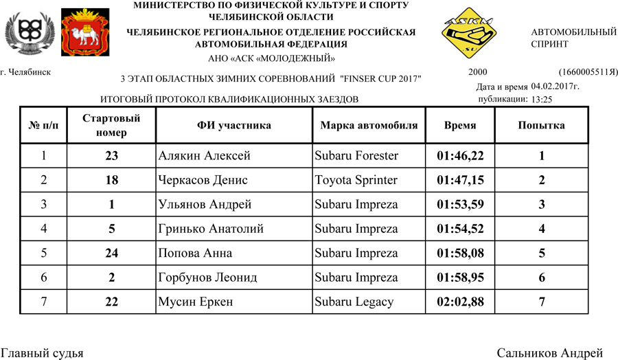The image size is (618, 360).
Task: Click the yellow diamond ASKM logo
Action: (470, 37)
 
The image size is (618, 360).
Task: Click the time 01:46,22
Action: (460, 156)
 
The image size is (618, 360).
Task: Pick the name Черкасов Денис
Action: (203, 181)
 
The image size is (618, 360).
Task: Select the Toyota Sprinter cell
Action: (356, 181)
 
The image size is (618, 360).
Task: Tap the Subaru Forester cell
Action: (356, 156)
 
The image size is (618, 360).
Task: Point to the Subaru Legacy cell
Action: (354, 302)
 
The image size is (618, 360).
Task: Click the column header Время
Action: (460, 126)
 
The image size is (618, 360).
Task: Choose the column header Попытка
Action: (541, 126)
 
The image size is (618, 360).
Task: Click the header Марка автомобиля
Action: (369, 126)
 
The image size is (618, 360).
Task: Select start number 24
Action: (112, 254)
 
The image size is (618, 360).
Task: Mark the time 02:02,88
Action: (460, 302)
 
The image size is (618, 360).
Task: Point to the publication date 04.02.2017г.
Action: (555, 87)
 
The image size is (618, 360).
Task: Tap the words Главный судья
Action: (42, 353)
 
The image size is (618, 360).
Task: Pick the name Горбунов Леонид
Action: (207, 278)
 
